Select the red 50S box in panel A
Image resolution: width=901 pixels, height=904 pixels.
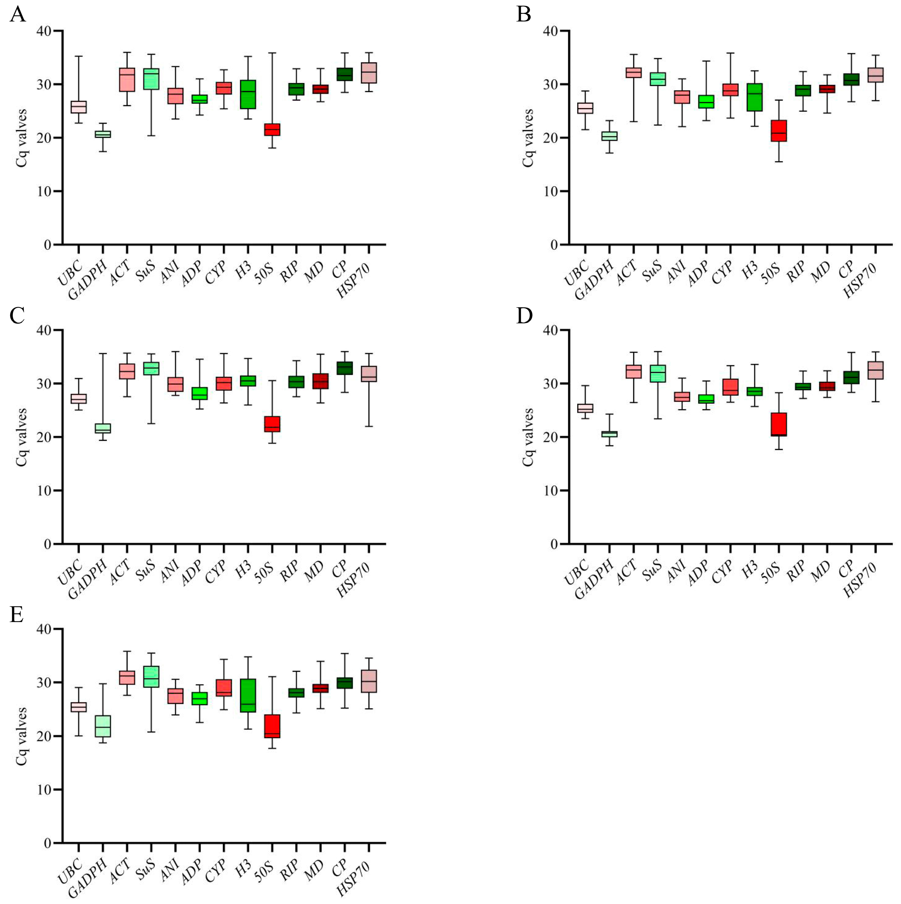tap(272, 130)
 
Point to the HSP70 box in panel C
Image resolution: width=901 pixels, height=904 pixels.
tap(369, 374)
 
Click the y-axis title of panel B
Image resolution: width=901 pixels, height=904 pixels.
tap(528, 138)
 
